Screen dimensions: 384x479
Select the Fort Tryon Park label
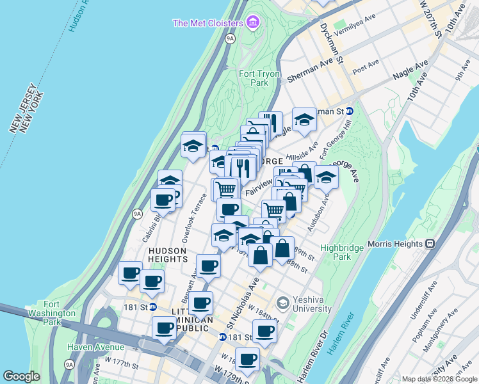259,78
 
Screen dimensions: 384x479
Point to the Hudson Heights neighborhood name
167,255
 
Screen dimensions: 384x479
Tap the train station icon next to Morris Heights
430,244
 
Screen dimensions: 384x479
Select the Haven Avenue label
97,348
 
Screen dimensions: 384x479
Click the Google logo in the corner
21,376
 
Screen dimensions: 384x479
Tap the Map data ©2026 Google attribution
439,379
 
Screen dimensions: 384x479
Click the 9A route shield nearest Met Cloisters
230,39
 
